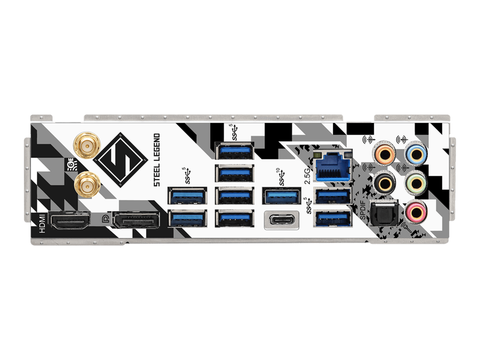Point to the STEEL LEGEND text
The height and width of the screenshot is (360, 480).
(157, 159)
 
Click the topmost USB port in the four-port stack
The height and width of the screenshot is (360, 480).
(234, 152)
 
